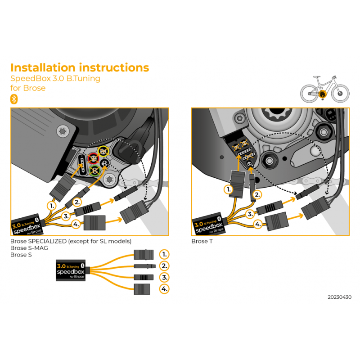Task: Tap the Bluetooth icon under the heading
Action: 13,99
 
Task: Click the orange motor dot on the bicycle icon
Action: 322,94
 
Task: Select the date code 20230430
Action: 340,297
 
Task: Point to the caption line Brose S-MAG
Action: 29,248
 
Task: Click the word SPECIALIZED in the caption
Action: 50,242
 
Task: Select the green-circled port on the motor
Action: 95,171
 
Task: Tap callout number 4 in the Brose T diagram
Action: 258,224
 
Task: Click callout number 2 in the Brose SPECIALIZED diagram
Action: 77,202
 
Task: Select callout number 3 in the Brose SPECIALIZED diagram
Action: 66,216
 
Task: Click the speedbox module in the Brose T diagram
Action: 208,225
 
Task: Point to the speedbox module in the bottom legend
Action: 71,270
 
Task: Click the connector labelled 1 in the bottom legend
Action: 144,255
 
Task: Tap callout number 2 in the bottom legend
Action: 165,266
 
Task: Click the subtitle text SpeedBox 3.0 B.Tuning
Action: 55,78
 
